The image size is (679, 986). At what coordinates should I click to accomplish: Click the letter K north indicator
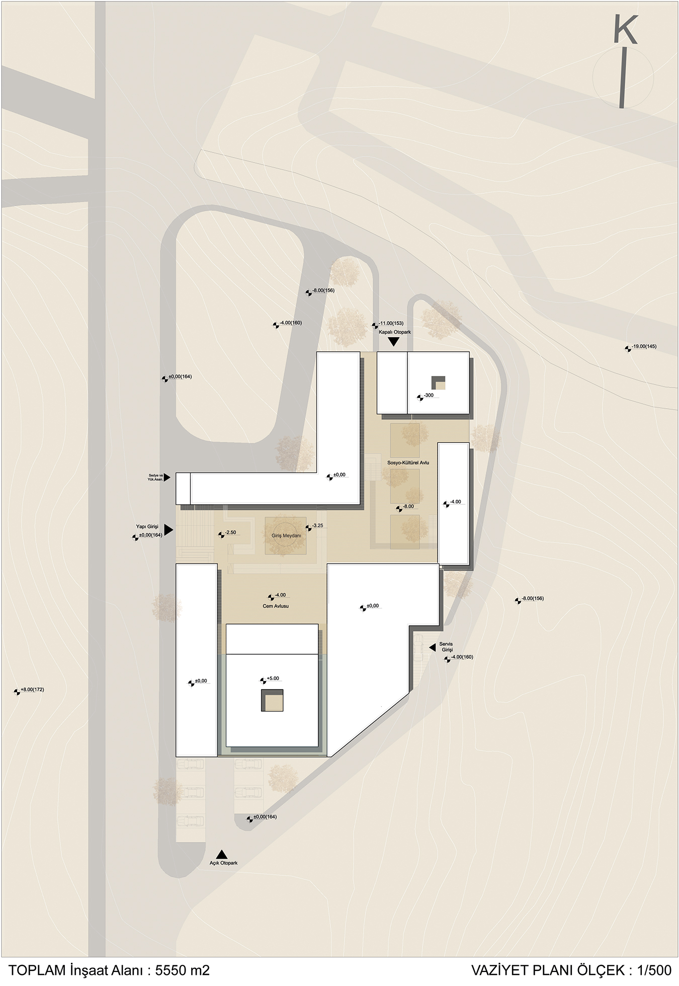click(x=626, y=30)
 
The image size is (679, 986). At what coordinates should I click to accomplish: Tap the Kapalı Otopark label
click(x=395, y=332)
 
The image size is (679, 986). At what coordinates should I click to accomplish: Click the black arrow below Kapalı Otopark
click(x=394, y=342)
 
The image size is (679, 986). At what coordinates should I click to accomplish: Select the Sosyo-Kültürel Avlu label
click(x=408, y=463)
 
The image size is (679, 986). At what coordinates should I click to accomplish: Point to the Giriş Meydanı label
click(x=286, y=536)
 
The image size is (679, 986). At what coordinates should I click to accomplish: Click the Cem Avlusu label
click(x=276, y=606)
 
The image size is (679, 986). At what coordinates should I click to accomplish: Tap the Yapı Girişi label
click(x=147, y=526)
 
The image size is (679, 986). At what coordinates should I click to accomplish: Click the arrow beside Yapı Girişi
click(x=168, y=529)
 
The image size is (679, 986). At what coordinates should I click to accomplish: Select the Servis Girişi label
click(x=446, y=647)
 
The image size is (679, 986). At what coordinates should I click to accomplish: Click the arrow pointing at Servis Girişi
click(x=432, y=648)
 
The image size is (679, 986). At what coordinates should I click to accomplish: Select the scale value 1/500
click(x=654, y=970)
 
